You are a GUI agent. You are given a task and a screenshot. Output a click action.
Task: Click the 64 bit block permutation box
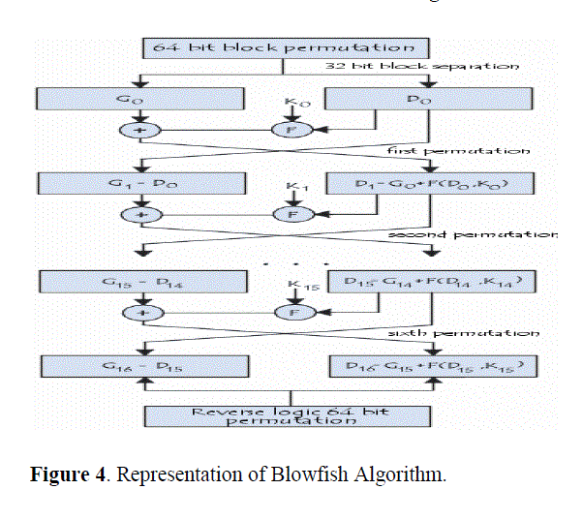(284, 47)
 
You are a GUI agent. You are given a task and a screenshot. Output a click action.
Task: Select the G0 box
(136, 99)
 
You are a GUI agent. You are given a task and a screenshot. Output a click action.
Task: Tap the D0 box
(426, 99)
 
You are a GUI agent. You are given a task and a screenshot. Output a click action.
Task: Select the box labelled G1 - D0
(136, 183)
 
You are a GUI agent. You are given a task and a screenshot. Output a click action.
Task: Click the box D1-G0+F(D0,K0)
(426, 183)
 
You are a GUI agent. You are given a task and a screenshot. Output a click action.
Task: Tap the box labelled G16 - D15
(136, 366)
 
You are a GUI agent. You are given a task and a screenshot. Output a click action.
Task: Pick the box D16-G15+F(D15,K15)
(426, 366)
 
